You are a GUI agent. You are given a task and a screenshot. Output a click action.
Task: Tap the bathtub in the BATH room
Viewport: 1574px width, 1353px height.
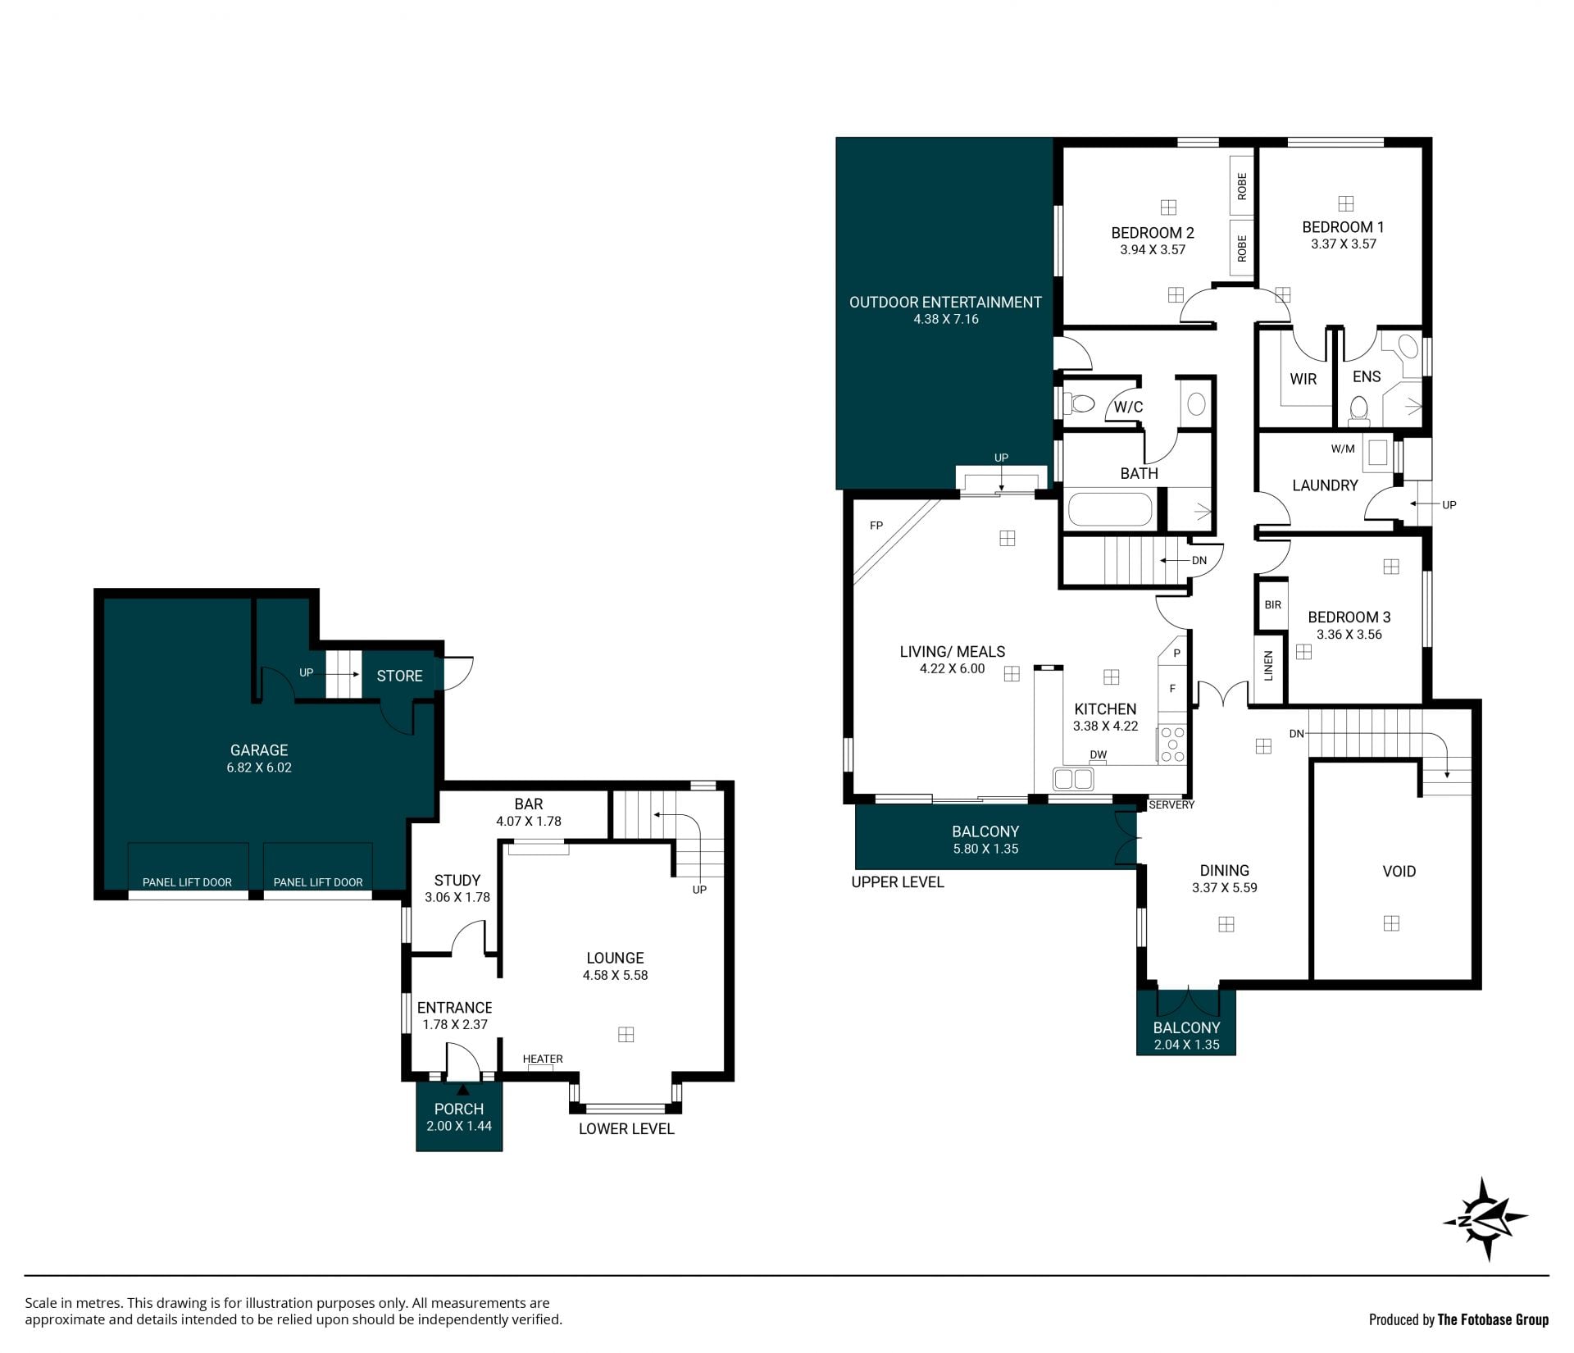(1110, 509)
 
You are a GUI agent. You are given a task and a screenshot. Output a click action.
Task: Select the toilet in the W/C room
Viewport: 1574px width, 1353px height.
(1080, 403)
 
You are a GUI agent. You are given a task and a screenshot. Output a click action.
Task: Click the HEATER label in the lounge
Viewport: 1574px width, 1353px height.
(543, 1059)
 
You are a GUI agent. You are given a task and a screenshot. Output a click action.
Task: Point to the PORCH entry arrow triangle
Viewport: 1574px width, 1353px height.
(462, 1091)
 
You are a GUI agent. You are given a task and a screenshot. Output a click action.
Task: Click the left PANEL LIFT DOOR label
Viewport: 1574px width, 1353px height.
(187, 882)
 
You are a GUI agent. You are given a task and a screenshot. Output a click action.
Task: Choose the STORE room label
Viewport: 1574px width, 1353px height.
(399, 676)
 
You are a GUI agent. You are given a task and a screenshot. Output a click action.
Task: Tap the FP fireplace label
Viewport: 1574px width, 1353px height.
(876, 526)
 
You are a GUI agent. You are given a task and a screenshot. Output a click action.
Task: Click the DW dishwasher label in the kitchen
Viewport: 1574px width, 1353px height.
(1099, 754)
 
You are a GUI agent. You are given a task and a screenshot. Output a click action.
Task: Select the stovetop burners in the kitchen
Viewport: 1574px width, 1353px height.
(1172, 745)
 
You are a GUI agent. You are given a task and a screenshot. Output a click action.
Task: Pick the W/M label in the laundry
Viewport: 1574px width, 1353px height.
(1343, 449)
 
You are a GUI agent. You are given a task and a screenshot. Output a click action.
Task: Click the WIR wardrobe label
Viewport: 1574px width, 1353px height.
(1303, 379)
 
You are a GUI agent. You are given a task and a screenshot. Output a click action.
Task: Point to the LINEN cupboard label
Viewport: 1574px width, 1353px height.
(1269, 666)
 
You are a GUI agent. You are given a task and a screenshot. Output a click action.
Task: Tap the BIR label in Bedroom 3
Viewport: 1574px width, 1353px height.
(1272, 605)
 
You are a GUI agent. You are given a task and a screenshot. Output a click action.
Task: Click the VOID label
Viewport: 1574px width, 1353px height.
(1399, 871)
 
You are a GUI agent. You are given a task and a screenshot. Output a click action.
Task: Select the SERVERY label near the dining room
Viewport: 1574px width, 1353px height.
(1171, 804)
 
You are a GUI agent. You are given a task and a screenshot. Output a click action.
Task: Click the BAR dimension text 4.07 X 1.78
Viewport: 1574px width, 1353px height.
(529, 821)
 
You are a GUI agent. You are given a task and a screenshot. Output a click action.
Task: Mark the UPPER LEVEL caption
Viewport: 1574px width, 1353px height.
(898, 882)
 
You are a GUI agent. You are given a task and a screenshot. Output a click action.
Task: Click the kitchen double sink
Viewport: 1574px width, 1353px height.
(1073, 779)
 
